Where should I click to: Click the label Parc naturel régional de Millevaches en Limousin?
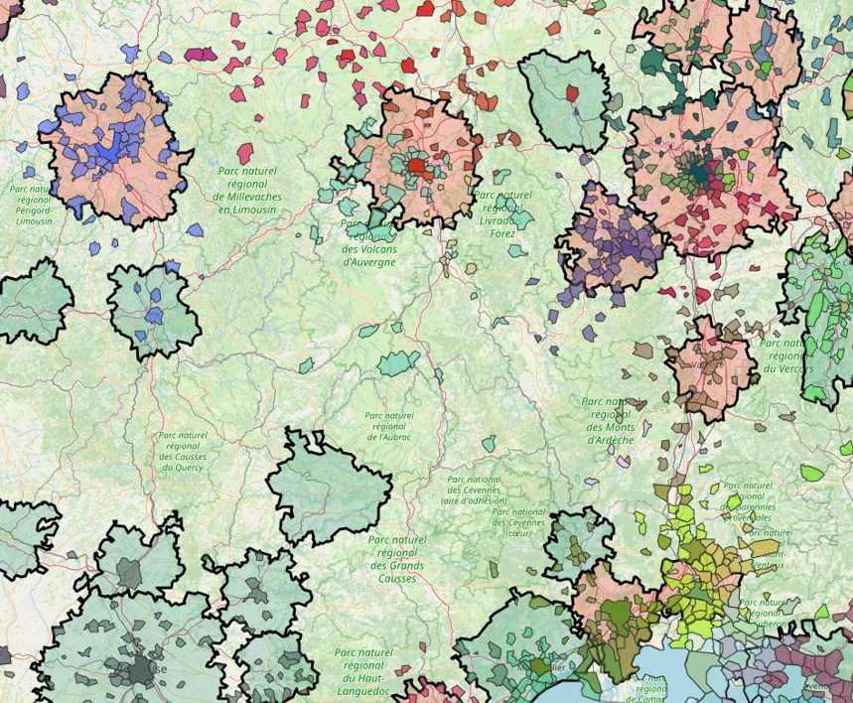point(248,190)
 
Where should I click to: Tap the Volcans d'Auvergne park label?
point(369,242)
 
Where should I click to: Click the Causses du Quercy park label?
point(182,451)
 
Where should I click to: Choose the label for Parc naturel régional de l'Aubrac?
point(388,426)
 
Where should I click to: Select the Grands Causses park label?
point(397,558)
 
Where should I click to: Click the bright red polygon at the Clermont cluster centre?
point(416,166)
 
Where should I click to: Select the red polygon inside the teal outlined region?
point(572,93)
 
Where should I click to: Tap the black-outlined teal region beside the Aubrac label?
point(328,487)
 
